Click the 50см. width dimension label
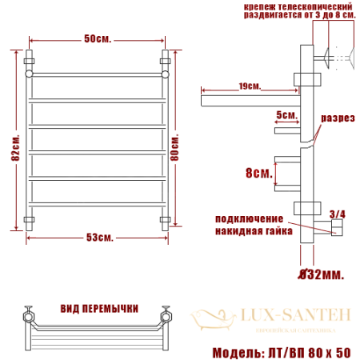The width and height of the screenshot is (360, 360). pos(97,39)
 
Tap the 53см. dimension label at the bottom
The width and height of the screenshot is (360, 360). pos(99,238)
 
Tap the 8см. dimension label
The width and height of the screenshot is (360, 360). pos(257,172)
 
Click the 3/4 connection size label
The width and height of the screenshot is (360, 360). pos(337,214)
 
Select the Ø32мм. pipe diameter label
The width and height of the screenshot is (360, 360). pos(320,274)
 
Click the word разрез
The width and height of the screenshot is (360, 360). pos(336,118)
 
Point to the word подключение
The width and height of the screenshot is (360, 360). pos(249,218)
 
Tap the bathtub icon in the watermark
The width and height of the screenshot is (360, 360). pos(206,318)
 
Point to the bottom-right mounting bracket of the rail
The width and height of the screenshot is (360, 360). pos(165,218)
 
